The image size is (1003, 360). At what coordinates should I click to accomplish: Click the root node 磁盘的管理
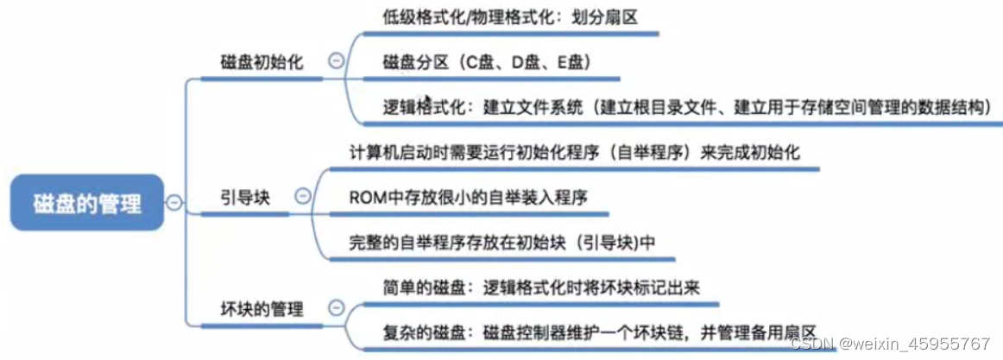tap(86, 203)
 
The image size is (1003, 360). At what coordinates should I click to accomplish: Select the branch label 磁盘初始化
tap(260, 62)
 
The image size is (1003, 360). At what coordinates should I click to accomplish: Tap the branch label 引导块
tap(245, 198)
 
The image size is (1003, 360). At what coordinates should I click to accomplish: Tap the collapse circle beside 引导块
tap(302, 196)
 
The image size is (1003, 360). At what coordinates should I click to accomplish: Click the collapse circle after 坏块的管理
tap(335, 306)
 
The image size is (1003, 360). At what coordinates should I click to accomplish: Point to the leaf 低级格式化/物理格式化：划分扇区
tap(509, 16)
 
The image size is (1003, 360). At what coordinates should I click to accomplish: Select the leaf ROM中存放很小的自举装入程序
tap(468, 198)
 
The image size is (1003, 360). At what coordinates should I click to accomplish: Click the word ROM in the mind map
tap(365, 198)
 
